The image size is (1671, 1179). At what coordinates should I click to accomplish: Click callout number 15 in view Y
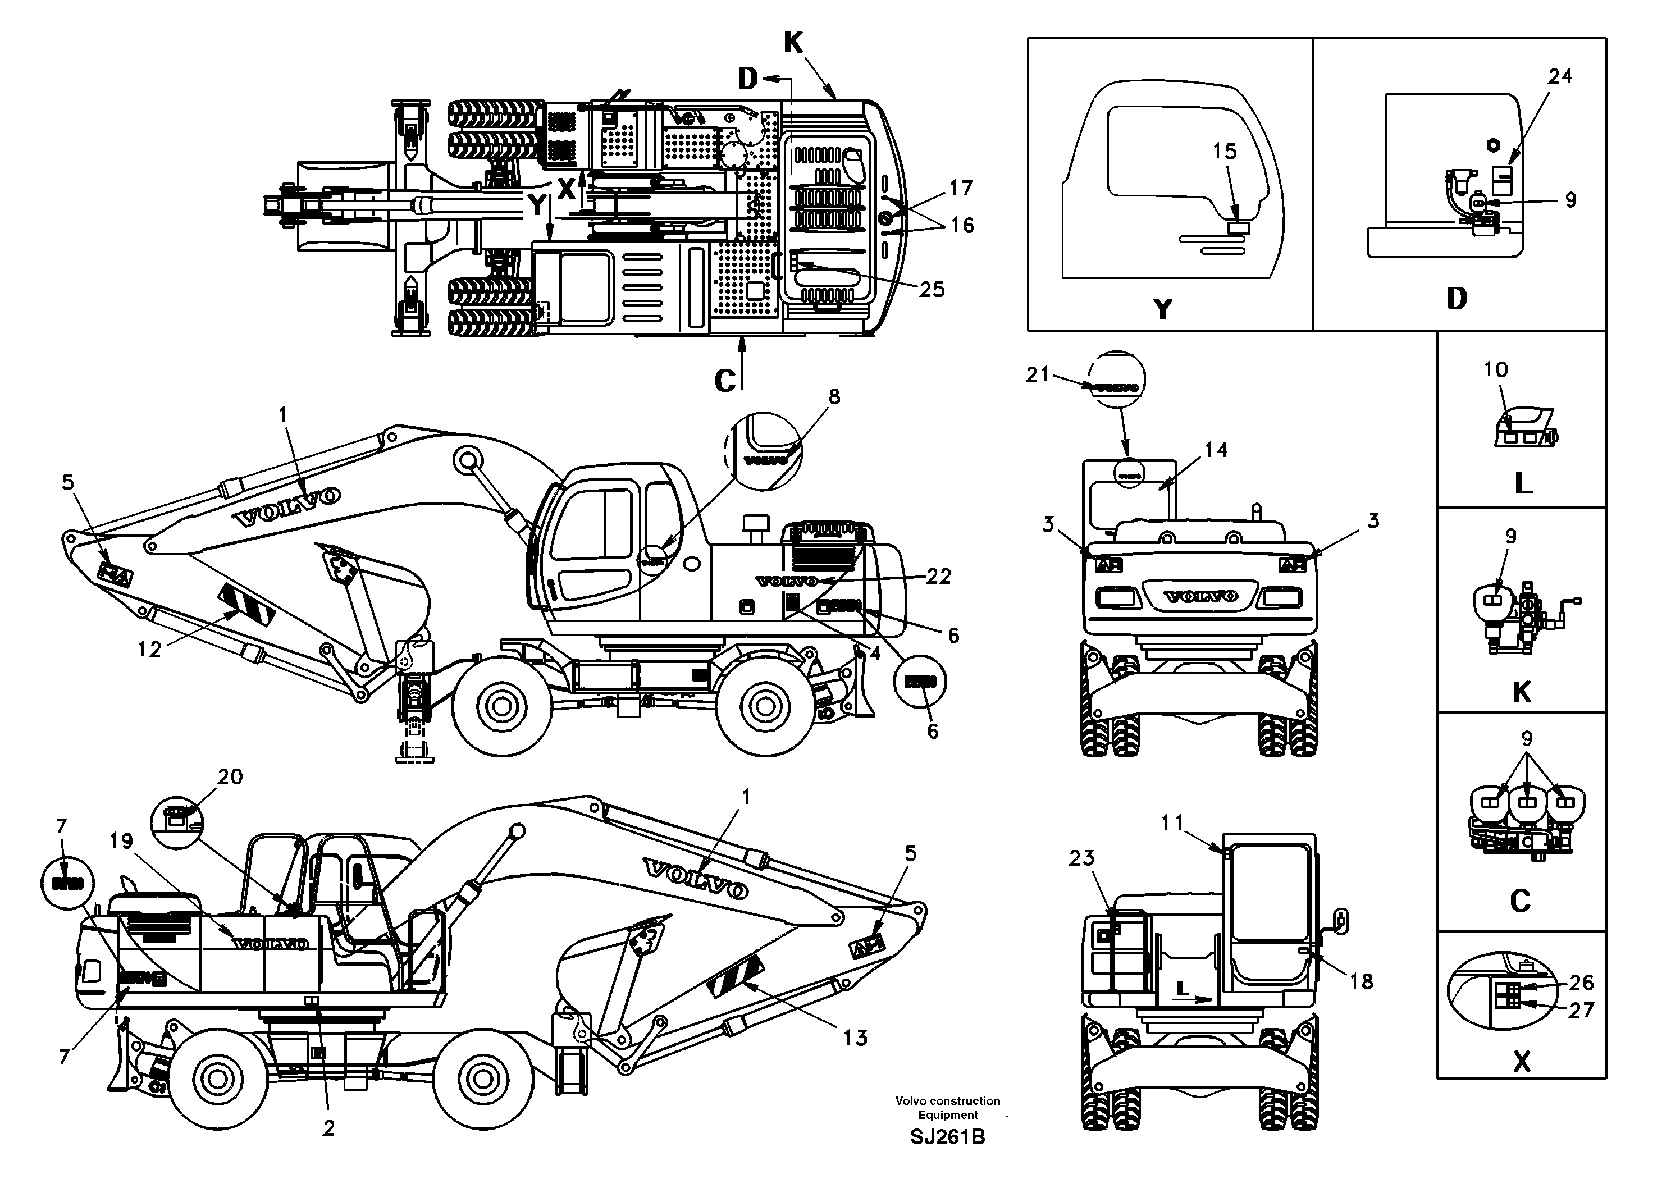1224,152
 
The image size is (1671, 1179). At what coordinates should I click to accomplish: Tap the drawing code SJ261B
948,1137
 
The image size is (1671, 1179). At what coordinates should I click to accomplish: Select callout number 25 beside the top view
931,290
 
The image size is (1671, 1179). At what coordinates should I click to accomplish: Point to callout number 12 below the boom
149,649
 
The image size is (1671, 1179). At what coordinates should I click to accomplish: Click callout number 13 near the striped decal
856,1038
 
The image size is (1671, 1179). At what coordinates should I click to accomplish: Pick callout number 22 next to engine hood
938,577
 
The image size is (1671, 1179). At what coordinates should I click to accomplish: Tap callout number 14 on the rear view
1216,450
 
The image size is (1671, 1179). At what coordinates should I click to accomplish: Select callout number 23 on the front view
1081,859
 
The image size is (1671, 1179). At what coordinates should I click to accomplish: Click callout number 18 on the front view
1361,982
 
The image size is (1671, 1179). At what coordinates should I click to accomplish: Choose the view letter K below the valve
1521,692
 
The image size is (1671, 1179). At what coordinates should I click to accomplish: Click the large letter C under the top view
725,381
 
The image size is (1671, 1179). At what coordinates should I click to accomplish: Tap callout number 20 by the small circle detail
230,776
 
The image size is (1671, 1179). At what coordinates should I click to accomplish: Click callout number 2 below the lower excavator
329,1129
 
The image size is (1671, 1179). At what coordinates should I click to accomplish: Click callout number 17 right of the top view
961,189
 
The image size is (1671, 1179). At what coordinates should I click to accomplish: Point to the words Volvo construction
948,1101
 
